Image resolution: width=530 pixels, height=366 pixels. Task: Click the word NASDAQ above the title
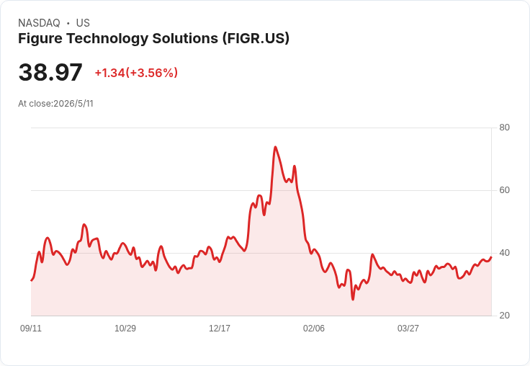[39, 23]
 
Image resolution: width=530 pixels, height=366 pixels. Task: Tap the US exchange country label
[83, 23]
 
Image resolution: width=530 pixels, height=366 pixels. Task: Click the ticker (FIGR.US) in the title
[256, 38]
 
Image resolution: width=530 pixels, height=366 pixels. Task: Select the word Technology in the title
[107, 39]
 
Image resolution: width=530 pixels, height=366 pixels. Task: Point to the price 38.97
[50, 72]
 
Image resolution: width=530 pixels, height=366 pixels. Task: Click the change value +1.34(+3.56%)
[136, 73]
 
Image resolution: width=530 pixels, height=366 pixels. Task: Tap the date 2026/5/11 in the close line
[73, 104]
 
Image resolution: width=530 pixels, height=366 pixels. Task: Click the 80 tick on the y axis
[504, 128]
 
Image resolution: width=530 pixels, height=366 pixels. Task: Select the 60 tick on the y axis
[504, 190]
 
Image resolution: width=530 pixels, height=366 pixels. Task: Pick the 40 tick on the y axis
[504, 253]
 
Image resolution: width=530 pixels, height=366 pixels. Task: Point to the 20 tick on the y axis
[504, 316]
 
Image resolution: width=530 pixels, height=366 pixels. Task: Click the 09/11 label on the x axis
[31, 328]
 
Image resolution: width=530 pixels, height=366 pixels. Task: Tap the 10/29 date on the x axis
[125, 328]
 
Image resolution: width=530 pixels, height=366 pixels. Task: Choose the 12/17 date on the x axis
[220, 328]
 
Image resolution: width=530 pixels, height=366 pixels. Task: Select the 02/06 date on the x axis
[314, 328]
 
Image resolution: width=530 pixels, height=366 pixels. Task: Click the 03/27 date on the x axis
[408, 328]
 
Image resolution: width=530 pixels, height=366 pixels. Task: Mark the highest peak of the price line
[276, 147]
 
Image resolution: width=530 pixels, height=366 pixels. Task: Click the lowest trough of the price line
[353, 300]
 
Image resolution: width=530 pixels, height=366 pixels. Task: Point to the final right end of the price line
[491, 257]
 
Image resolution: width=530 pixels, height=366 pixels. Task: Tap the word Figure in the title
[40, 39]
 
